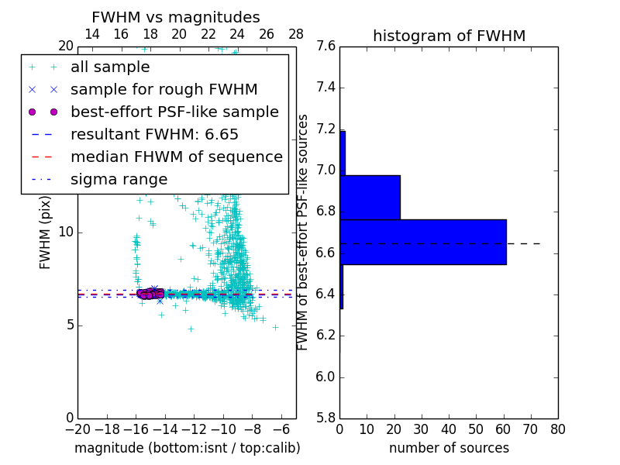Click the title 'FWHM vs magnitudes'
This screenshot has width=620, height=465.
[175, 17]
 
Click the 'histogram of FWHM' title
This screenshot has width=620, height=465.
[449, 36]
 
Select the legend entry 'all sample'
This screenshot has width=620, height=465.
[110, 67]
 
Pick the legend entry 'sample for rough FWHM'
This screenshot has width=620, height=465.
[164, 89]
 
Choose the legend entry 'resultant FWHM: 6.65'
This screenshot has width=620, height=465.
[154, 134]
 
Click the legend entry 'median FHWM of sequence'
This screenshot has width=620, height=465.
[176, 157]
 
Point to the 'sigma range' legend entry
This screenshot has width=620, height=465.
[119, 179]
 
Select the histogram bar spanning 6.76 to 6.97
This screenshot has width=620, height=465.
[370, 197]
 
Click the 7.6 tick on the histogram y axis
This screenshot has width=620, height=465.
[326, 46]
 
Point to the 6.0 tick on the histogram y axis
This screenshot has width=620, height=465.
[326, 377]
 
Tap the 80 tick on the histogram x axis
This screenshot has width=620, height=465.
[557, 429]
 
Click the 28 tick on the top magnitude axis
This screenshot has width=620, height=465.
[296, 34]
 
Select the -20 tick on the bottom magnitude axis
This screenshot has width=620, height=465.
[77, 429]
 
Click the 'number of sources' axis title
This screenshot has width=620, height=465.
[449, 448]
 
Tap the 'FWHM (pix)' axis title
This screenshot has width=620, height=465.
[46, 231]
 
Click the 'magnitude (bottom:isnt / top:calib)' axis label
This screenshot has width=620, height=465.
[187, 448]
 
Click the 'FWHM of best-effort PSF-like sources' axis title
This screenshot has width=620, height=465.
[303, 232]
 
